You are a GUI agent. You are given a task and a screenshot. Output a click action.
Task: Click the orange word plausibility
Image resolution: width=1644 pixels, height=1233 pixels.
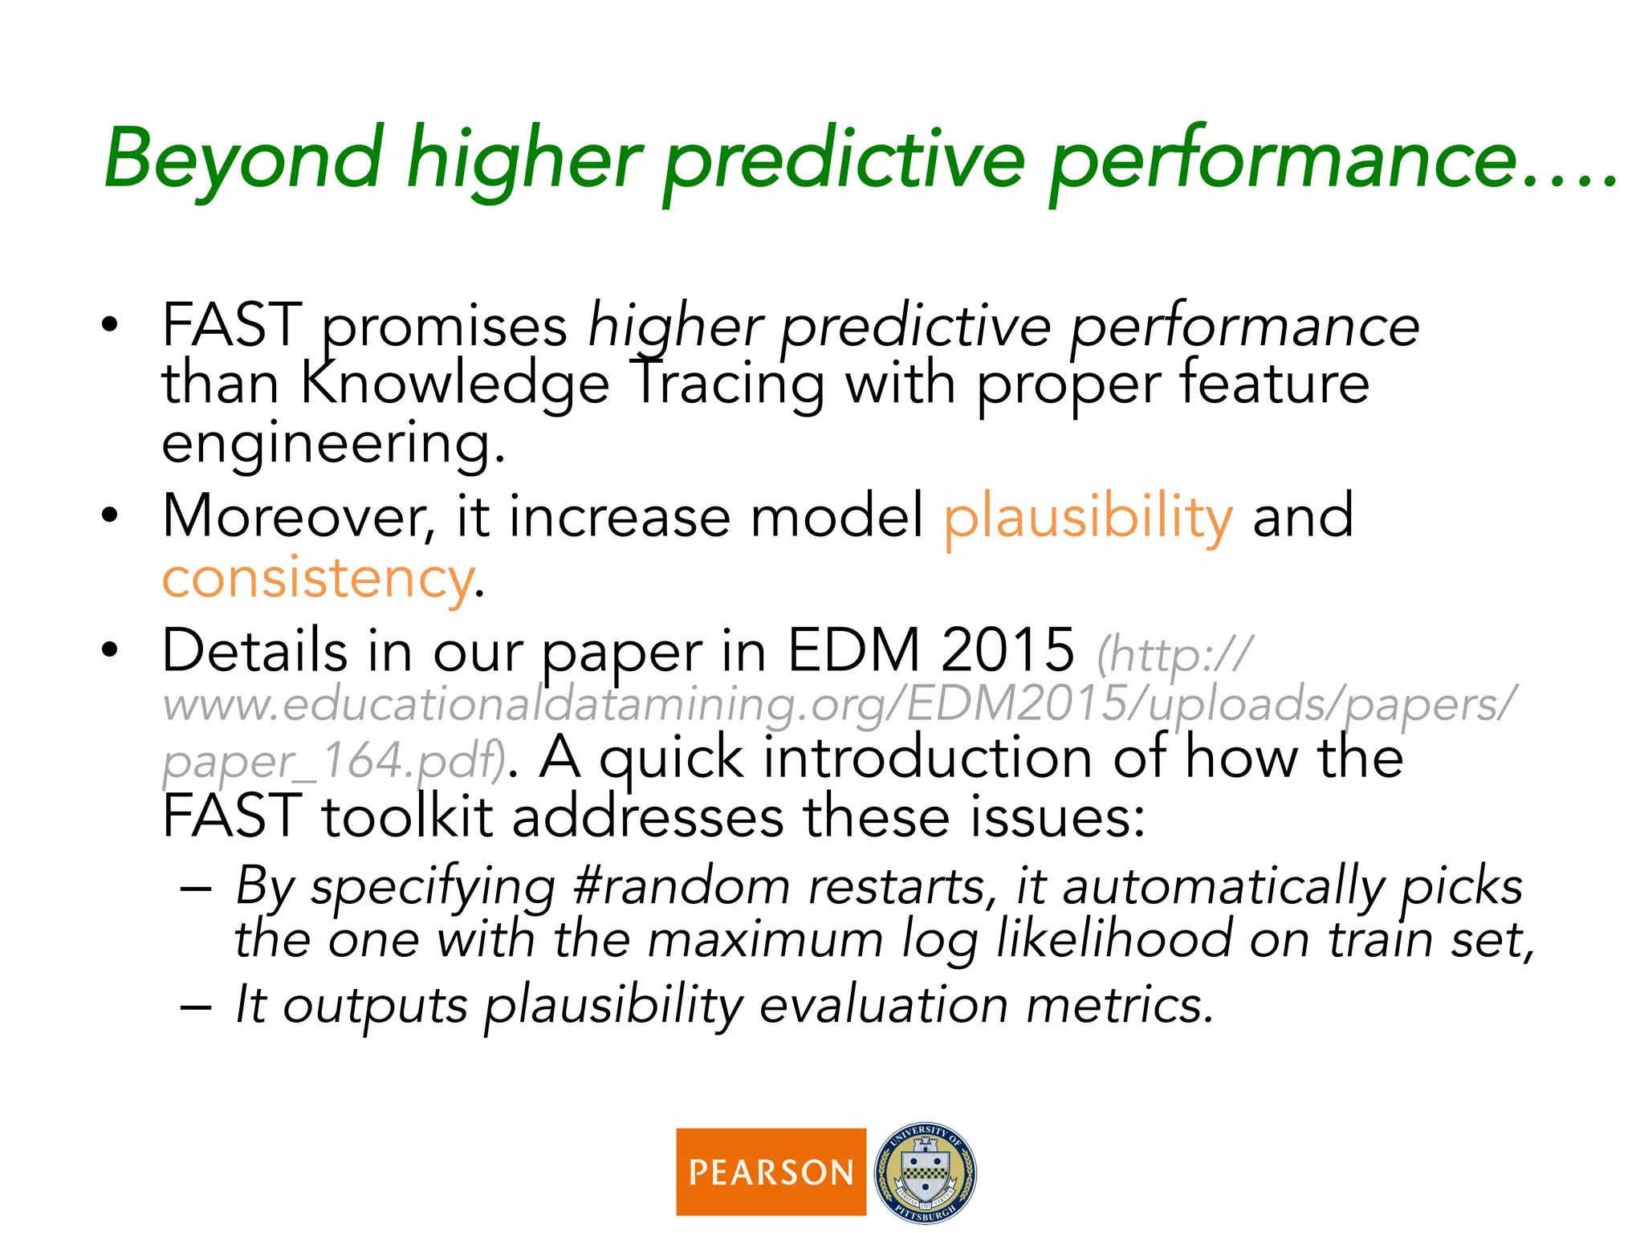coord(1087,517)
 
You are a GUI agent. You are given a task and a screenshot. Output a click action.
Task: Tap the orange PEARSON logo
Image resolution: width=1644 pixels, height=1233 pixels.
coord(771,1172)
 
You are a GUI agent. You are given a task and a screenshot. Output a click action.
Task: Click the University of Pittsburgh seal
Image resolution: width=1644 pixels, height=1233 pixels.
coord(926,1172)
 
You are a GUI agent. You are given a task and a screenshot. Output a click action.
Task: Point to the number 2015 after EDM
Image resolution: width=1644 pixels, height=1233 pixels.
coord(1007,650)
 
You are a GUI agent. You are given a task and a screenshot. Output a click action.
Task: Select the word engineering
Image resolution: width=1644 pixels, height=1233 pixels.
coord(332,443)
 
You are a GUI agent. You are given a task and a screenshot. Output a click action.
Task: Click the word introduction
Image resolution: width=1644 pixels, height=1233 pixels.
coord(927,759)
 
